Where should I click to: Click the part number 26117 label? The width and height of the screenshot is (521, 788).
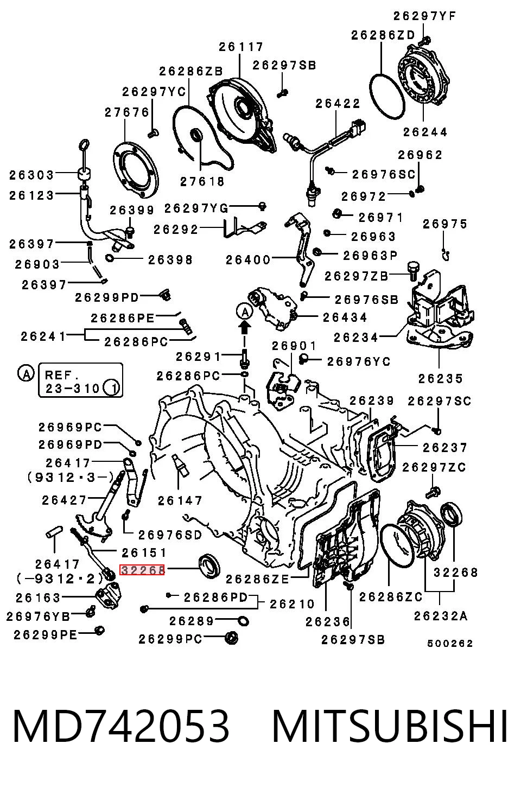pyautogui.click(x=241, y=47)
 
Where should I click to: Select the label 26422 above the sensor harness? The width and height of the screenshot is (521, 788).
pyautogui.click(x=338, y=104)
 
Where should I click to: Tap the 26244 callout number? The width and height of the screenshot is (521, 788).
pyautogui.click(x=425, y=132)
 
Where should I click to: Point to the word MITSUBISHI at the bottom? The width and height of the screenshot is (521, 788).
pyautogui.click(x=390, y=726)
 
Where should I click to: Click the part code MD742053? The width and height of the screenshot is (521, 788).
pyautogui.click(x=121, y=726)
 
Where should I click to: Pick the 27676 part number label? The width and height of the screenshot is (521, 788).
pyautogui.click(x=127, y=112)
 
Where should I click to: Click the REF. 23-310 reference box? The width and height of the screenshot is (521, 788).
pyautogui.click(x=80, y=380)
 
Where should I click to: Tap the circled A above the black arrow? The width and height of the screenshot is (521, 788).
pyautogui.click(x=245, y=312)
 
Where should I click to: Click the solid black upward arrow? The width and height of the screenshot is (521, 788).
pyautogui.click(x=245, y=328)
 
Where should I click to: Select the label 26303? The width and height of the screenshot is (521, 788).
pyautogui.click(x=31, y=175)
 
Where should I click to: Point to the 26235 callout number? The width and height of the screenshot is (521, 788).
pyautogui.click(x=441, y=378)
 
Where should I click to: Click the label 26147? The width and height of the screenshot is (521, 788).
pyautogui.click(x=180, y=500)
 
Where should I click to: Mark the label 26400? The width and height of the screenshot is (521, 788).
pyautogui.click(x=248, y=260)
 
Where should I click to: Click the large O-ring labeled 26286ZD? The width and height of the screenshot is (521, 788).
pyautogui.click(x=387, y=97)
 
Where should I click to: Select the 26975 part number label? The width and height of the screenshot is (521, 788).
pyautogui.click(x=445, y=224)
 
